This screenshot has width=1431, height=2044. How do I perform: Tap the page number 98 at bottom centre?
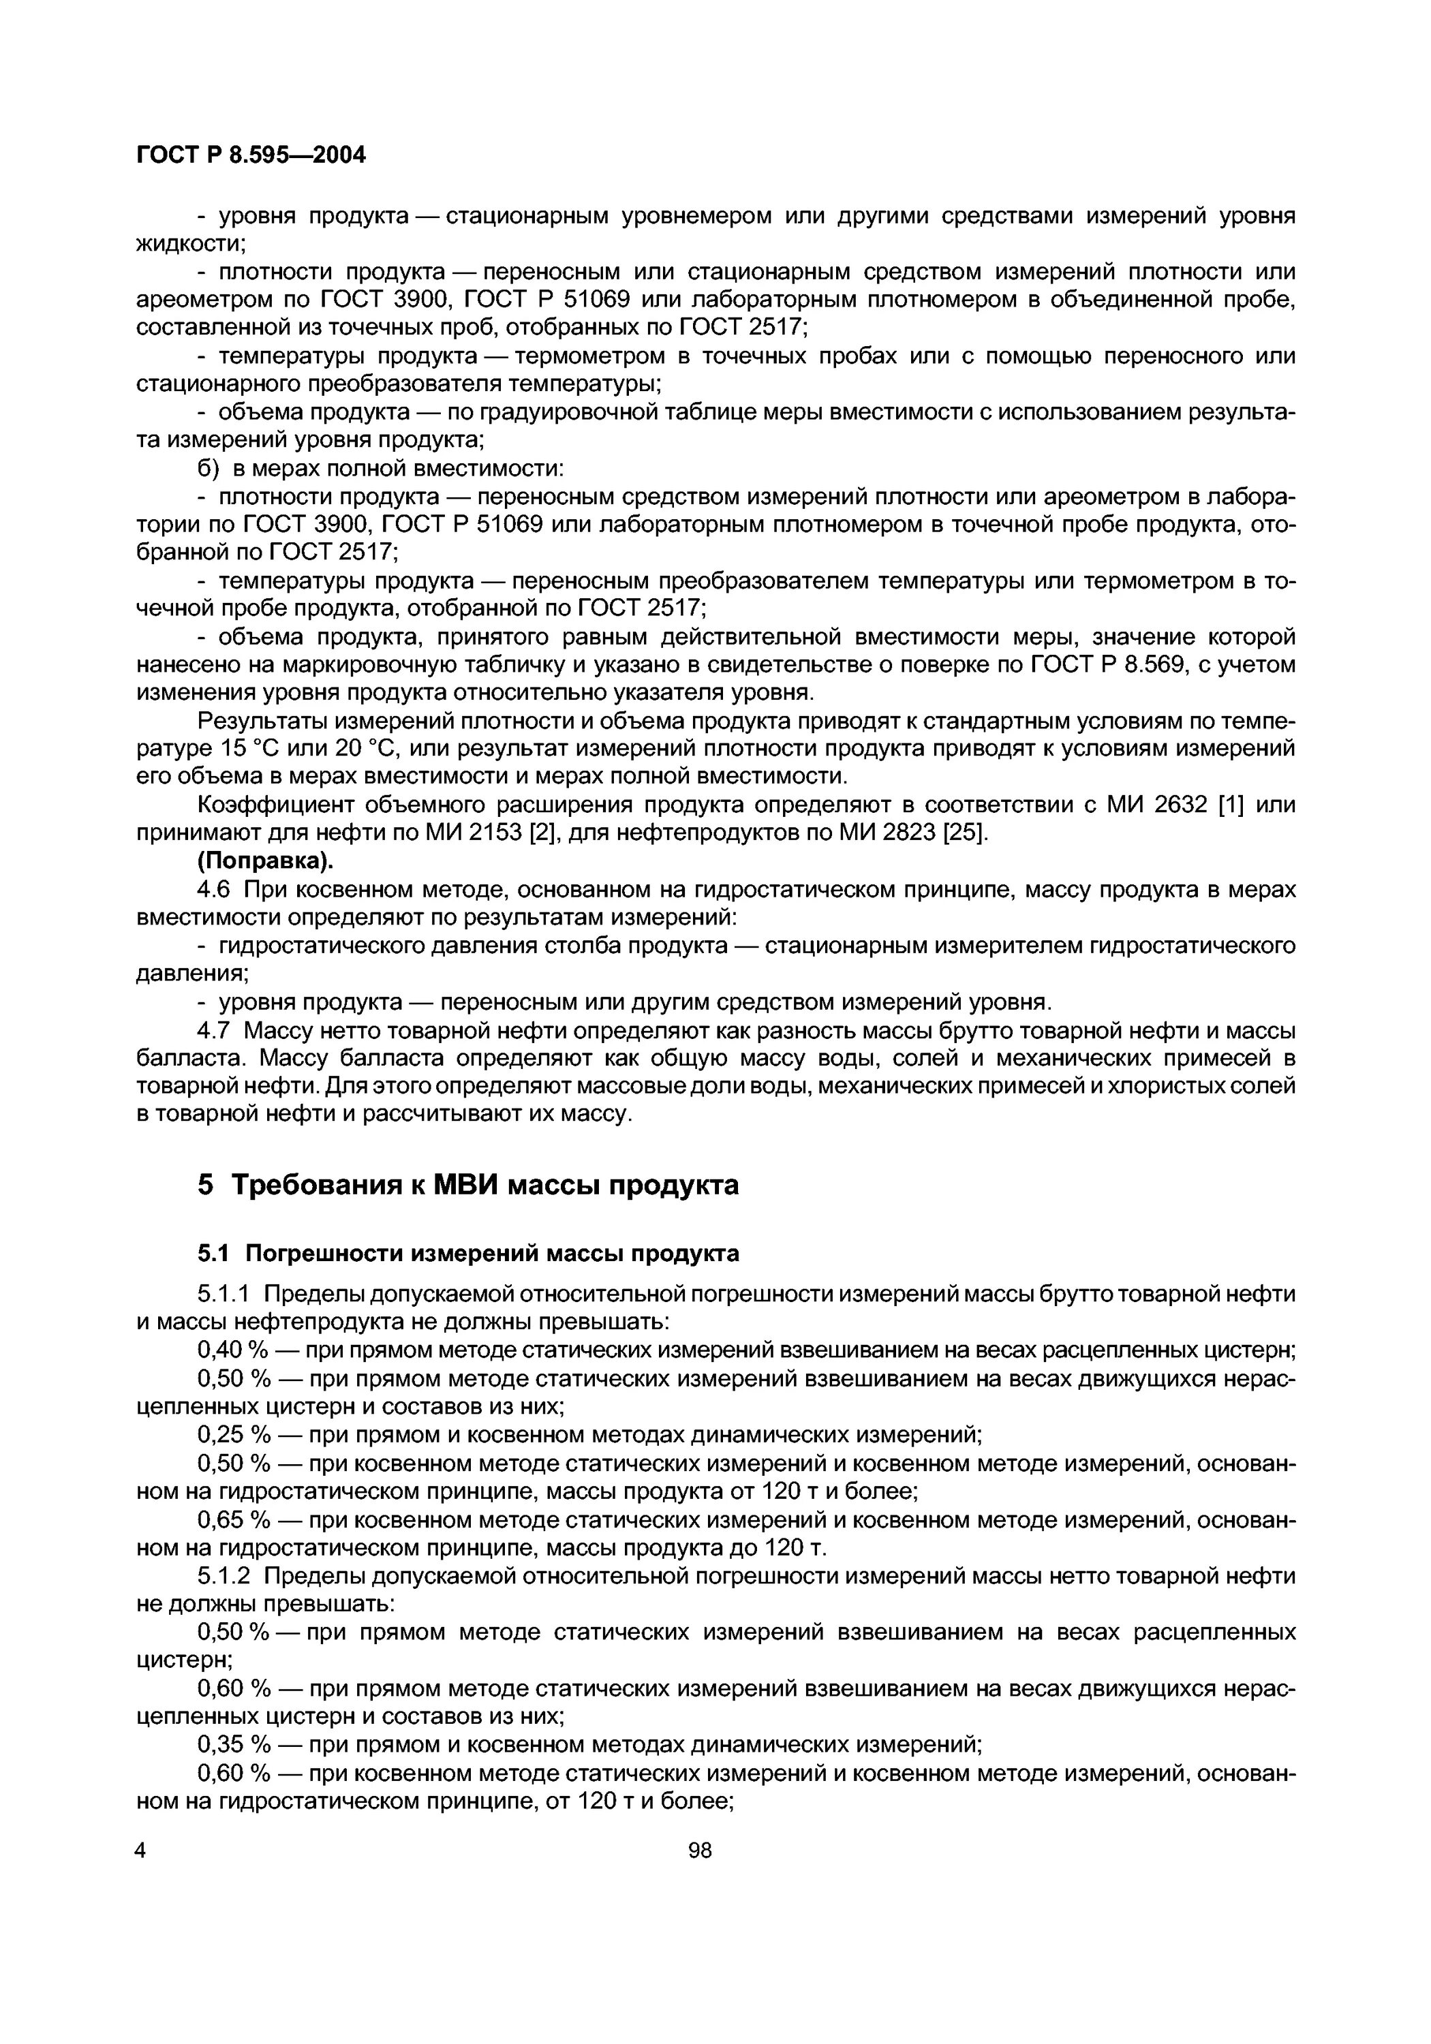click(700, 1851)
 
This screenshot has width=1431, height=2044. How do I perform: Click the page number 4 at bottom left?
click(140, 1851)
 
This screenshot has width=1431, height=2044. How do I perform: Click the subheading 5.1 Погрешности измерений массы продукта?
click(467, 1254)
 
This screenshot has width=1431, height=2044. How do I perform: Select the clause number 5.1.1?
click(226, 1294)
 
